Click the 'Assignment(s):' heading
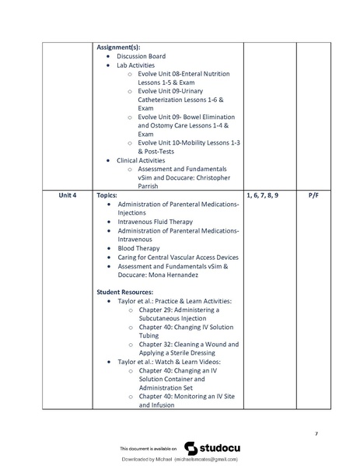pyautogui.click(x=118, y=47)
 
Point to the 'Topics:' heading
pyautogui.click(x=107, y=194)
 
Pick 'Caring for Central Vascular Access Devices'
pyautogui.click(x=178, y=258)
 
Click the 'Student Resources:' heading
pyautogui.click(x=124, y=292)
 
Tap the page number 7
pyautogui.click(x=316, y=433)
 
